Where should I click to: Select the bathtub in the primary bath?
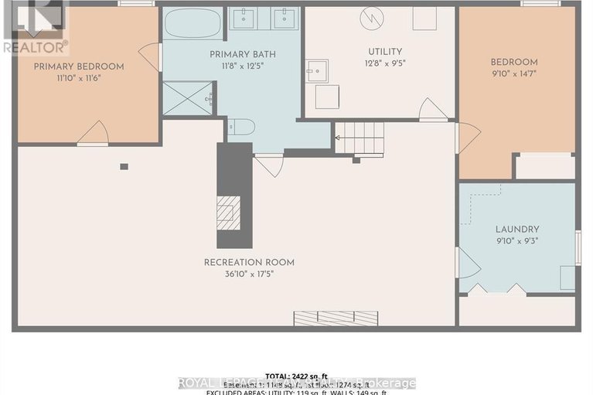click(x=192, y=22)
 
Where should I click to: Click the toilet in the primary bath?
click(x=240, y=127)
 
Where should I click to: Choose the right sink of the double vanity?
click(x=285, y=19)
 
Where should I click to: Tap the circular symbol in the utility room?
click(x=370, y=18)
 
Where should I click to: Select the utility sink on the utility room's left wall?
click(x=317, y=70)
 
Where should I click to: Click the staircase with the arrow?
click(x=360, y=138)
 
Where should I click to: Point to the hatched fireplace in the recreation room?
click(x=229, y=213)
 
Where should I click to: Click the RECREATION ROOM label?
click(x=249, y=262)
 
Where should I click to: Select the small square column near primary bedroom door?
click(x=124, y=165)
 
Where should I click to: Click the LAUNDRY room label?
click(x=517, y=229)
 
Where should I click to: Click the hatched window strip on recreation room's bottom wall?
click(x=335, y=318)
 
